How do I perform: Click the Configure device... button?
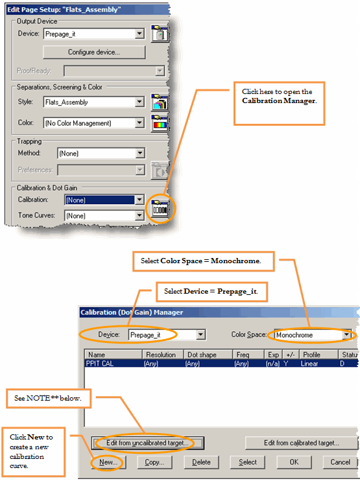(x=94, y=52)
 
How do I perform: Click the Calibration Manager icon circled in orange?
(x=160, y=208)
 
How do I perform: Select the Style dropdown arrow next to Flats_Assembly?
(x=139, y=102)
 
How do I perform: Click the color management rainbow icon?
(x=160, y=123)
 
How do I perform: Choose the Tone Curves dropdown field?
(x=104, y=216)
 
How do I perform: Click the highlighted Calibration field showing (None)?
(x=100, y=200)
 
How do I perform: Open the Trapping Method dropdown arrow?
(x=140, y=153)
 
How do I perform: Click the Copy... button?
(x=154, y=462)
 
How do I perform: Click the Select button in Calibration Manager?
(x=248, y=462)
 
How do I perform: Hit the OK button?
(x=294, y=462)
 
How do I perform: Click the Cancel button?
(x=340, y=462)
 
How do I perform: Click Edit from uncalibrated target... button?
(x=148, y=443)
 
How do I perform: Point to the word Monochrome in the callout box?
(x=235, y=261)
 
